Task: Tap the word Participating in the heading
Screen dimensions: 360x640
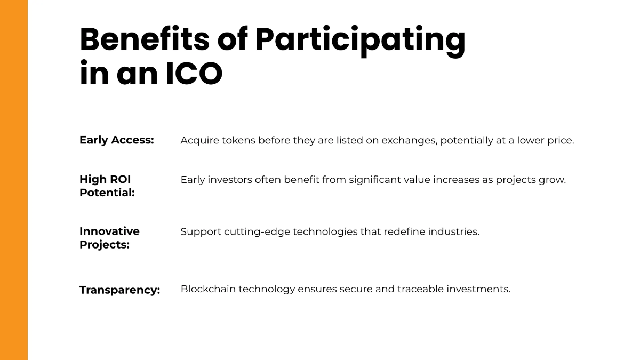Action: pos(360,40)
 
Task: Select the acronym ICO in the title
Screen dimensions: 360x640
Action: pos(194,75)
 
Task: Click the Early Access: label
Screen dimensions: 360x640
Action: pos(116,140)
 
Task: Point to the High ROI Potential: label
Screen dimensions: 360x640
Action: pos(107,186)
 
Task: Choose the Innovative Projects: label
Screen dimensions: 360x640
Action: pos(109,238)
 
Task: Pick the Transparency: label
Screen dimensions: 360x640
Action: pos(119,290)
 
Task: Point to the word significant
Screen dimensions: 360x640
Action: pos(375,180)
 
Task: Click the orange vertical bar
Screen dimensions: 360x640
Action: pos(14,180)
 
